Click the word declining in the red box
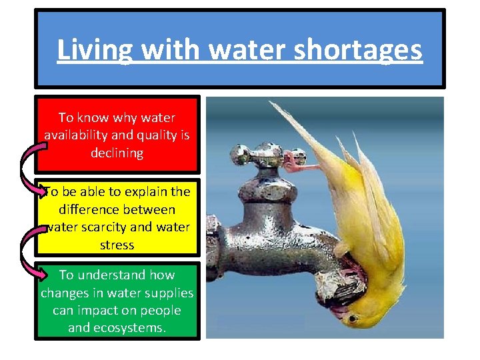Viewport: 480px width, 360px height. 117,153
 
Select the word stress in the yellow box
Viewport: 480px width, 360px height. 117,245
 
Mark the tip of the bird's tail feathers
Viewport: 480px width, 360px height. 271,103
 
